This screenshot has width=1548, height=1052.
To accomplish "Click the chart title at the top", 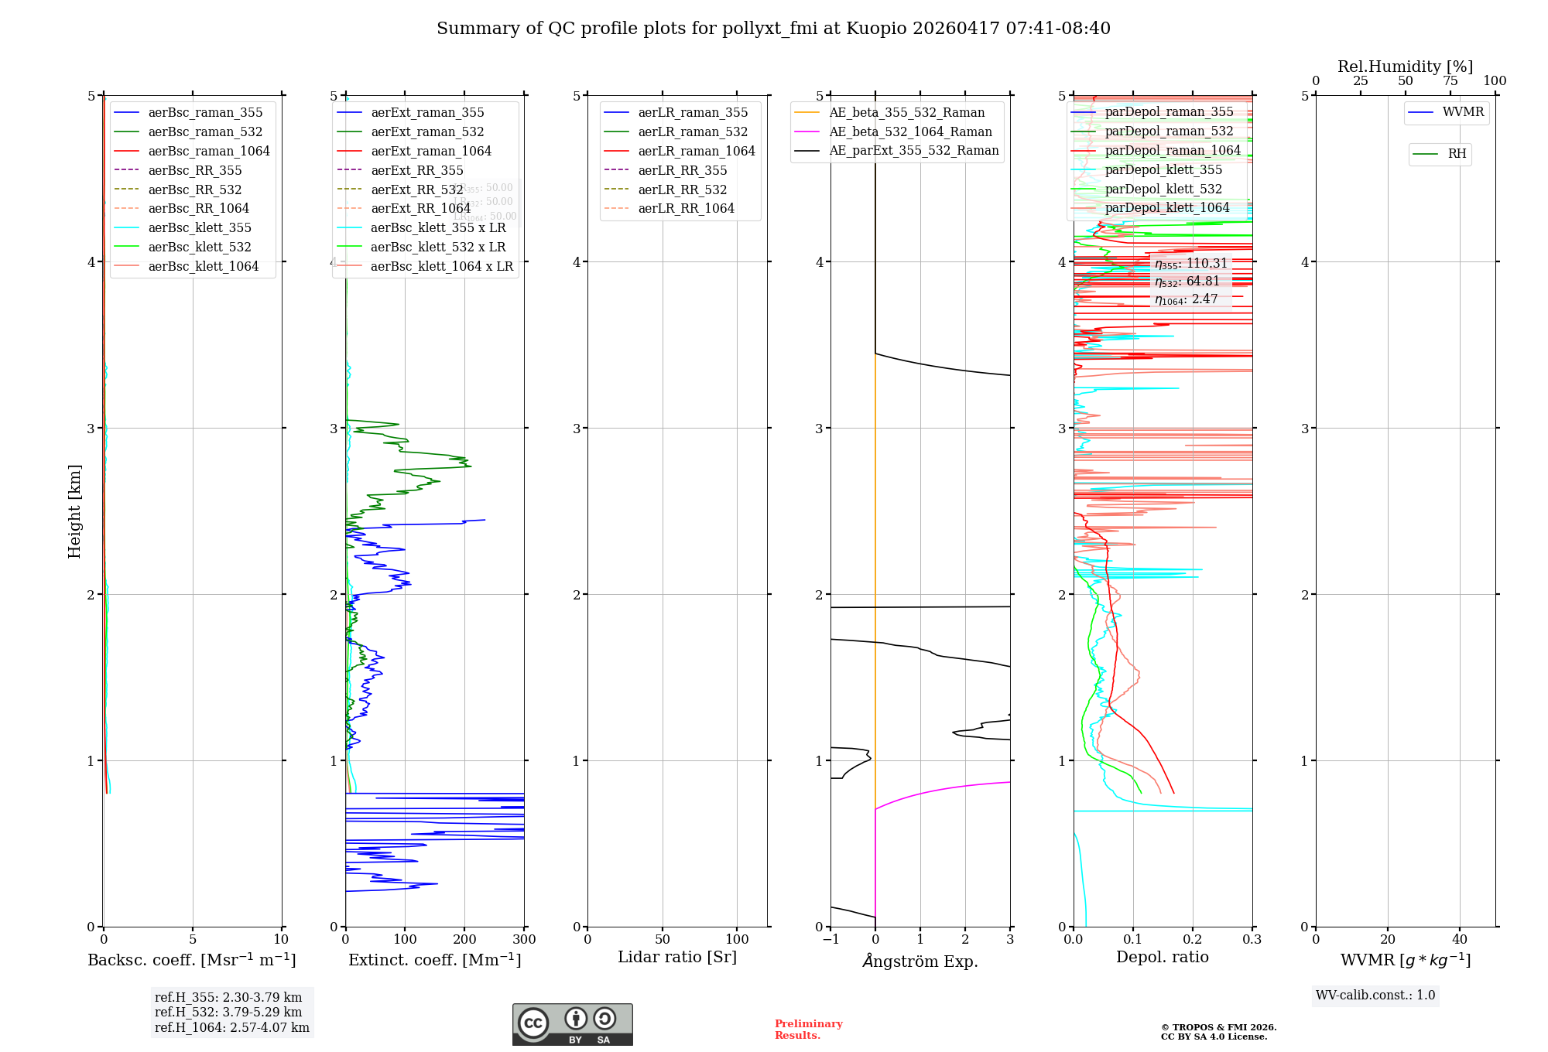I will [x=773, y=29].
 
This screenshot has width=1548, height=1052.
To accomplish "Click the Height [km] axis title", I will [x=74, y=511].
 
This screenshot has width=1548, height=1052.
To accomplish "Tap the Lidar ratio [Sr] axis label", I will [x=677, y=958].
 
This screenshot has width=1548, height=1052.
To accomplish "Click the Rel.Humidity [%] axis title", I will [x=1405, y=67].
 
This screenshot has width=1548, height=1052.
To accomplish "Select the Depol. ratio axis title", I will [x=1162, y=958].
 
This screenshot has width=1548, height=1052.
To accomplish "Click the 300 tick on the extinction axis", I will [x=525, y=940].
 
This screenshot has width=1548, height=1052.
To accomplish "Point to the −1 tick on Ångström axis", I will [x=831, y=940].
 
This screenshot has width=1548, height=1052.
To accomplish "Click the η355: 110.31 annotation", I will [x=1191, y=264].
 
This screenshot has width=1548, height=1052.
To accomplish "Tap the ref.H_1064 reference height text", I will [x=231, y=1028].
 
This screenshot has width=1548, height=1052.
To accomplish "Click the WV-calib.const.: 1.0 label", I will [x=1375, y=996].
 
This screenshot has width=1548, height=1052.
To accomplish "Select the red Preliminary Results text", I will [x=808, y=1030].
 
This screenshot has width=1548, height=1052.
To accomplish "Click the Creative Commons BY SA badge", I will [x=572, y=1025].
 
